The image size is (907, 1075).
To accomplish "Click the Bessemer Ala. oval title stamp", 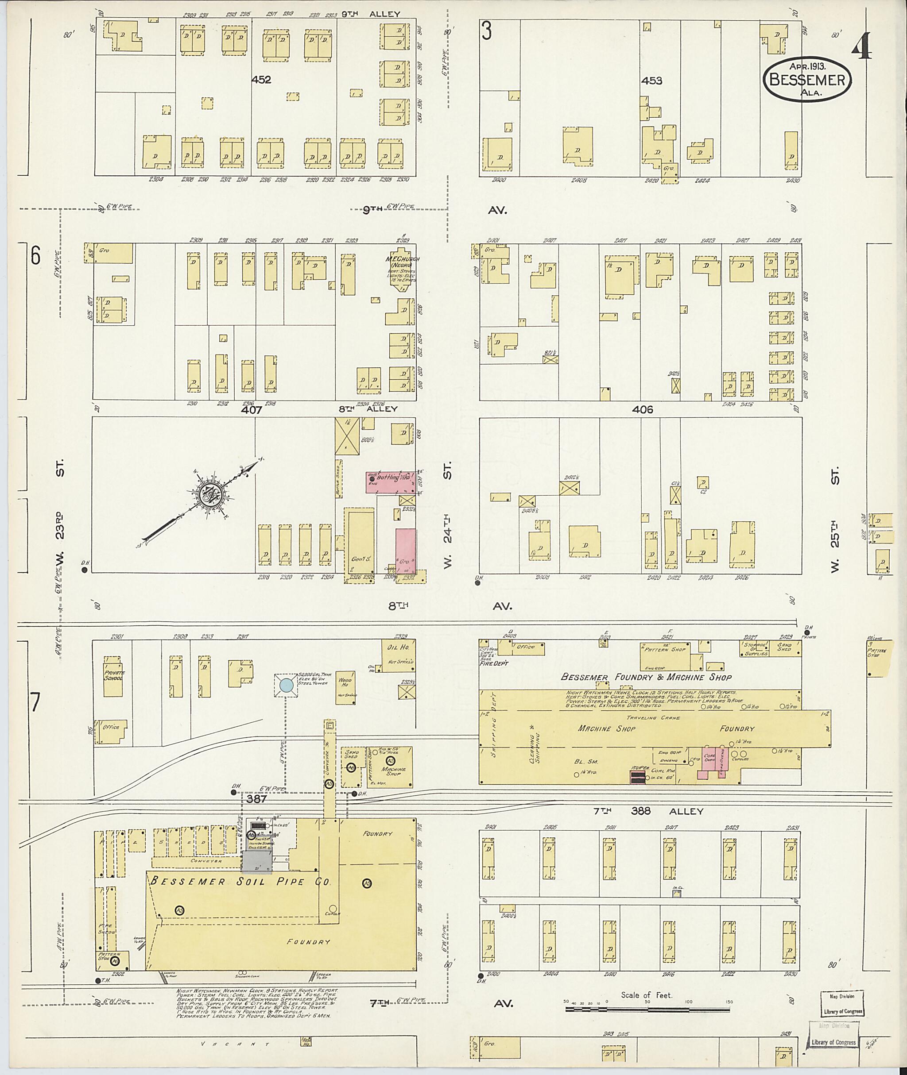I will click(807, 80).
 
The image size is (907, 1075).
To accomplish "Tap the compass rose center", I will click(210, 494).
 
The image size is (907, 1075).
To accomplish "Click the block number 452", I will click(261, 80).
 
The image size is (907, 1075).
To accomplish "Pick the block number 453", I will click(651, 81).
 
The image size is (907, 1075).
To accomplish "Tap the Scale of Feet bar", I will click(647, 1009).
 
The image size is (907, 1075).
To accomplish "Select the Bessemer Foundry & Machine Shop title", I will click(646, 677).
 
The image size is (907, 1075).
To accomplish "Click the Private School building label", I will click(113, 675).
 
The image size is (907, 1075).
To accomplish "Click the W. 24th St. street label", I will click(447, 519).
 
